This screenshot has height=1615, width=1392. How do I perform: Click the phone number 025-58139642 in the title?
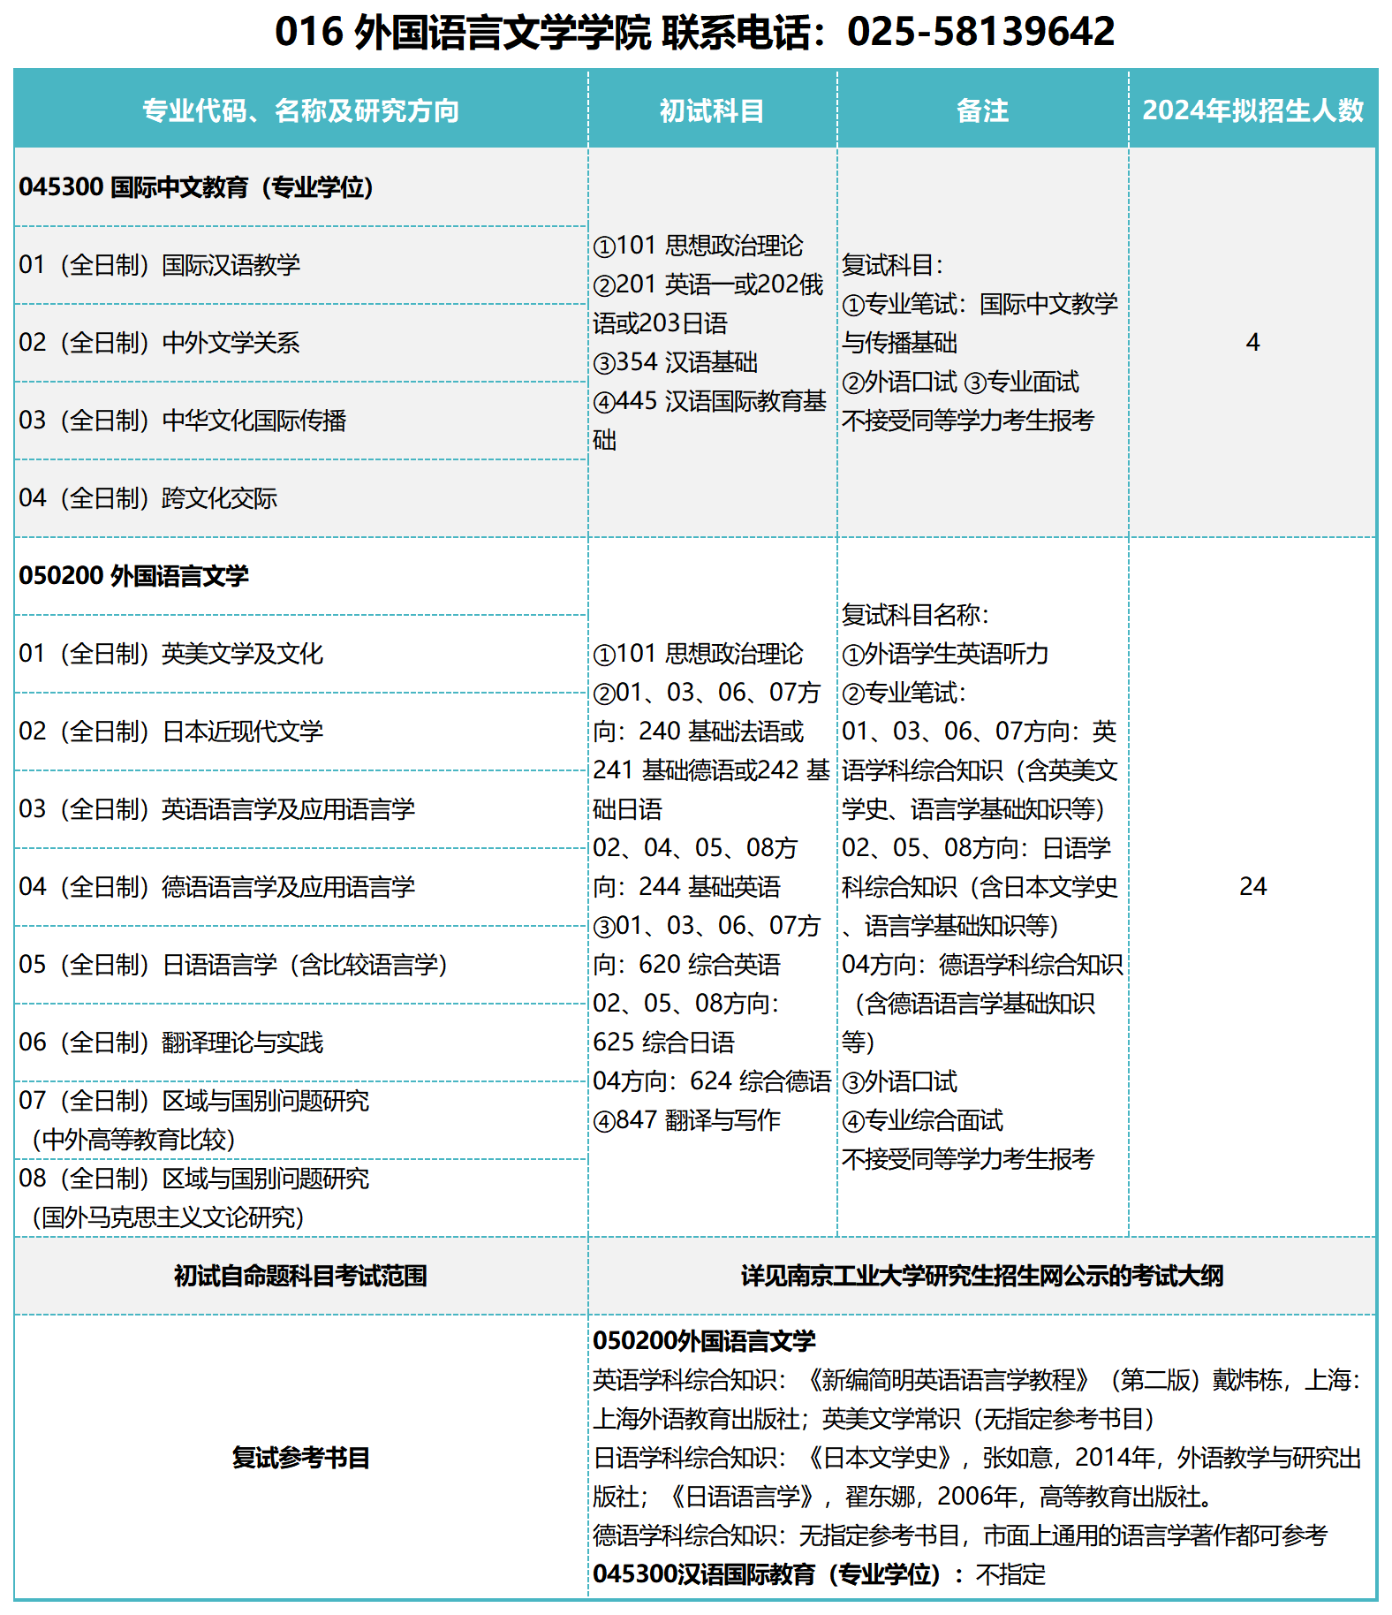click(x=980, y=32)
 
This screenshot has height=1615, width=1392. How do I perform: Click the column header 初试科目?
click(x=712, y=110)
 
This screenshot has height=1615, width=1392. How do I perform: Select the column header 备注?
click(x=982, y=110)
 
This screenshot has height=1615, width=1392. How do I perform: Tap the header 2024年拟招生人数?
click(x=1252, y=110)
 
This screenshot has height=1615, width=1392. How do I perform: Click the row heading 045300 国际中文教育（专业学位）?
click(x=196, y=187)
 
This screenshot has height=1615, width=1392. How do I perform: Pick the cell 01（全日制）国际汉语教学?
click(x=160, y=265)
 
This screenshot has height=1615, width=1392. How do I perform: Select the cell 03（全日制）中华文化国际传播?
click(x=183, y=421)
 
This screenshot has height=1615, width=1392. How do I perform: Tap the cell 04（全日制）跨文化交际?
click(x=148, y=498)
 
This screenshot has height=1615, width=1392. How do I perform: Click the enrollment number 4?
click(x=1252, y=343)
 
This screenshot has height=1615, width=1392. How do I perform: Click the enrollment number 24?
click(x=1252, y=886)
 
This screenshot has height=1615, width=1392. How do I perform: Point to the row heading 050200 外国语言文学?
click(x=133, y=576)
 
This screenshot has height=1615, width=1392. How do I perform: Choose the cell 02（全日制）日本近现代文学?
click(x=171, y=732)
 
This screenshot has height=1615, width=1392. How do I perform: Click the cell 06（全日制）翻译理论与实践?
click(x=171, y=1043)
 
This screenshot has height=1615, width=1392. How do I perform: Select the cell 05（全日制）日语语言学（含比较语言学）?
click(x=233, y=965)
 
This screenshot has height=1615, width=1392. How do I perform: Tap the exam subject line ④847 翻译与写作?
click(x=687, y=1120)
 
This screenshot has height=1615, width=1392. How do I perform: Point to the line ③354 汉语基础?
click(x=676, y=362)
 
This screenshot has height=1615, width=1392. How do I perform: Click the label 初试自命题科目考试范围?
click(x=300, y=1276)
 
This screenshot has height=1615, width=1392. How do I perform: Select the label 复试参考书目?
click(x=300, y=1458)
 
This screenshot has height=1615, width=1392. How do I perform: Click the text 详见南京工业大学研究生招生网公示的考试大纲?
click(x=982, y=1276)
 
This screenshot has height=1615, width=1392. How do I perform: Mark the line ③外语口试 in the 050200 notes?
click(x=899, y=1081)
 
